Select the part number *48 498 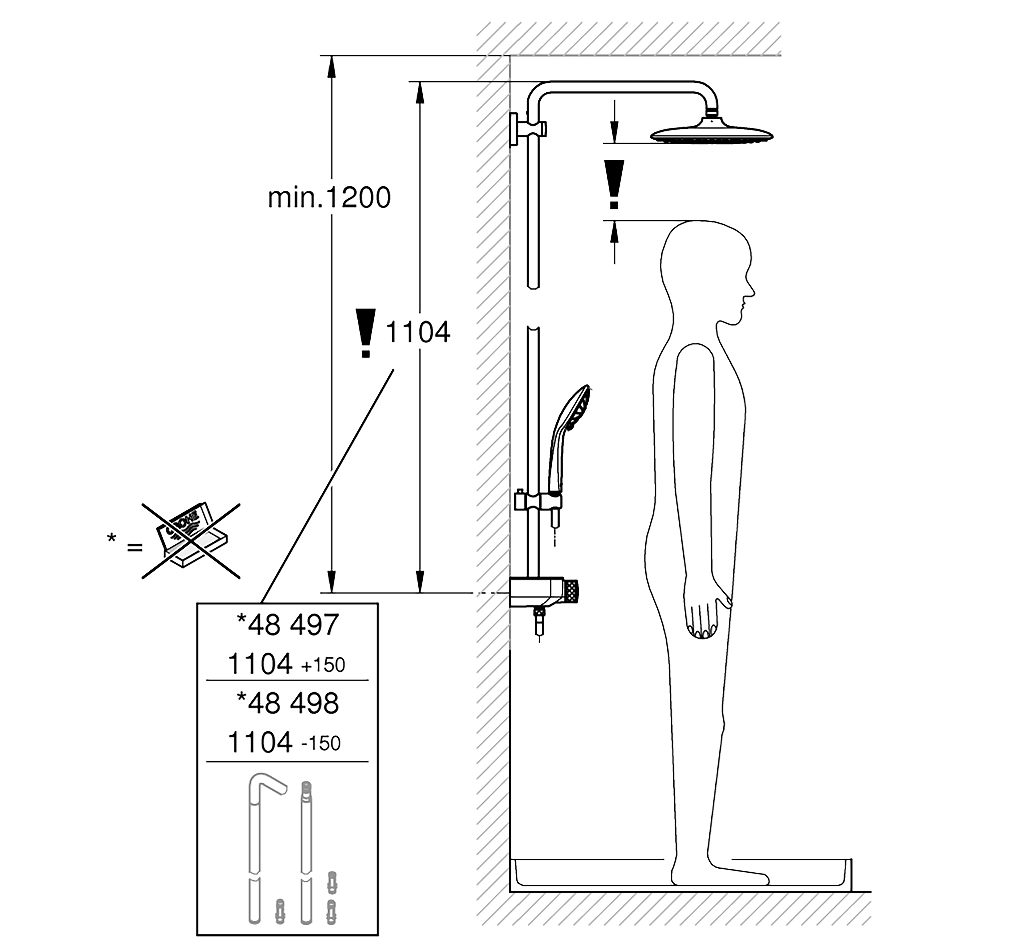click(287, 703)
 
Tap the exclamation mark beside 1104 click(366, 333)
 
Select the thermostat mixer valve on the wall click(543, 593)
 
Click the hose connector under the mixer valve click(539, 620)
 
